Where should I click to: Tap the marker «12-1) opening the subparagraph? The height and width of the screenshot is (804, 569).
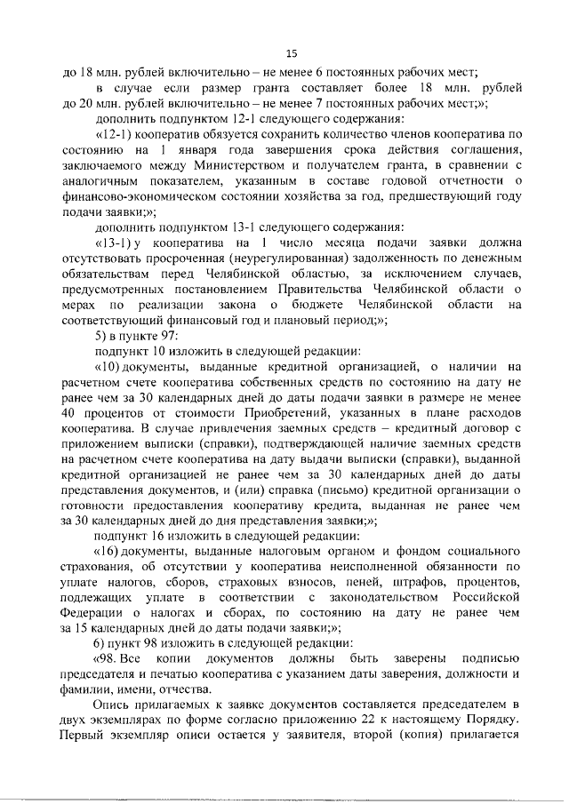(114, 133)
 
